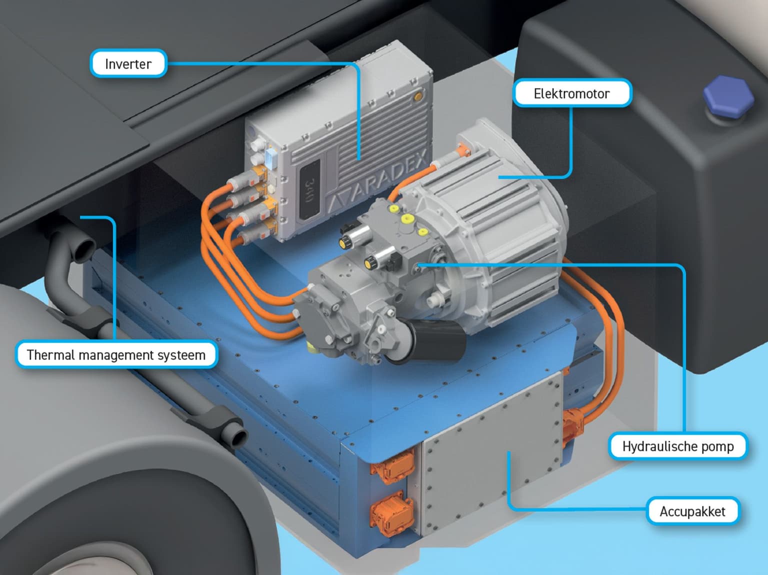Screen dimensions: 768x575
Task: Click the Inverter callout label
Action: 128,63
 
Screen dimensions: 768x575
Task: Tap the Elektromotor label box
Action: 571,93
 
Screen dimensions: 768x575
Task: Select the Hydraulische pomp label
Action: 677,446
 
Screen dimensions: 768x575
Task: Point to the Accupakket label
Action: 692,511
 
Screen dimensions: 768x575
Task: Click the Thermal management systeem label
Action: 116,354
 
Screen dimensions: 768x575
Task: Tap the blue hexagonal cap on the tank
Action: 729,96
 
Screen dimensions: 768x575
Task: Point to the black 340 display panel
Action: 309,189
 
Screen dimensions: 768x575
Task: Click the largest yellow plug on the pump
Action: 406,219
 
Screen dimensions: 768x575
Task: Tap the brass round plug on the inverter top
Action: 418,96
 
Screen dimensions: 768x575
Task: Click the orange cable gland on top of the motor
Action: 463,150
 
